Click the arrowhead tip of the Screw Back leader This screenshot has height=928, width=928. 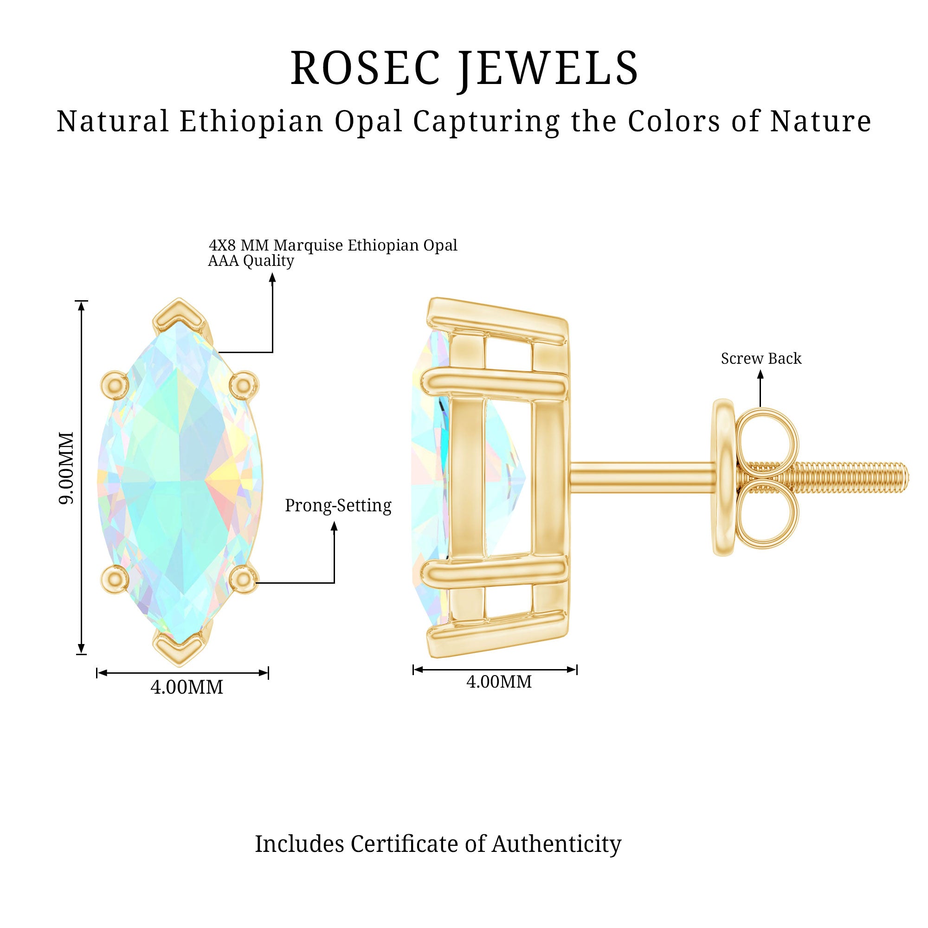pyautogui.click(x=760, y=371)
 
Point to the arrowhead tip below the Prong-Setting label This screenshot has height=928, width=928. pyautogui.click(x=334, y=522)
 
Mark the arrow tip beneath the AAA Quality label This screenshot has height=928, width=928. pyautogui.click(x=272, y=273)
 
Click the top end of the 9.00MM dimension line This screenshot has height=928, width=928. pyautogui.click(x=82, y=301)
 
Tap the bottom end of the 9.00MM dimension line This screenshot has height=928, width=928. pyautogui.click(x=82, y=654)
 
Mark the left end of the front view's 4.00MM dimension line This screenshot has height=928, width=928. pyautogui.click(x=97, y=673)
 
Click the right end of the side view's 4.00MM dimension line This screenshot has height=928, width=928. pyautogui.click(x=576, y=670)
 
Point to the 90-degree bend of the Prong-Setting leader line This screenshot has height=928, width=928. pyautogui.click(x=334, y=583)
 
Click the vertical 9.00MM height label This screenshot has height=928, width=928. pyautogui.click(x=66, y=468)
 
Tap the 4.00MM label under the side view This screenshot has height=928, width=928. pyautogui.click(x=499, y=682)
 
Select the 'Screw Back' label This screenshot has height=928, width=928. pyautogui.click(x=761, y=358)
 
